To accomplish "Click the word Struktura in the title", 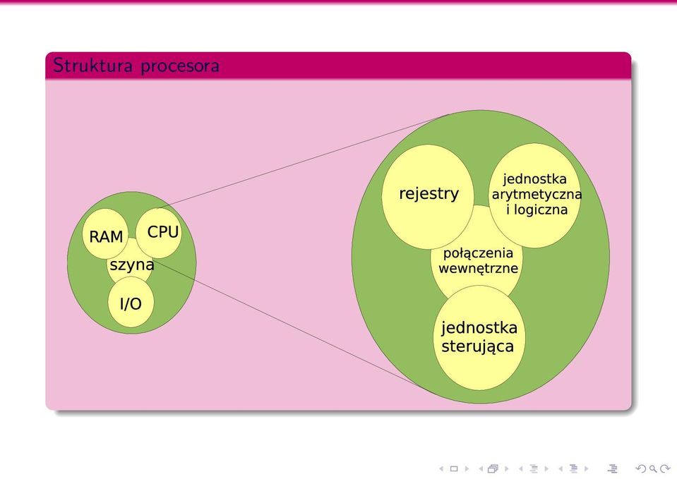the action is (92, 66).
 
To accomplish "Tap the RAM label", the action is (106, 236).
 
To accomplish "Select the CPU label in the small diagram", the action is (163, 232).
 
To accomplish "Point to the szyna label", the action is (132, 265).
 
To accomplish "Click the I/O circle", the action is (131, 302).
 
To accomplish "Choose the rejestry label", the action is (429, 193).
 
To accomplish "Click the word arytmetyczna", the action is (537, 195).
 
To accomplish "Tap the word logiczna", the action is (543, 210).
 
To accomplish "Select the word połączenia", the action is (479, 253).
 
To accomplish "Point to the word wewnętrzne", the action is (479, 268).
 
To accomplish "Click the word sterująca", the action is (477, 346).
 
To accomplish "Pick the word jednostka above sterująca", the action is (479, 327).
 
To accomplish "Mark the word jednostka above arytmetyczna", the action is (535, 179).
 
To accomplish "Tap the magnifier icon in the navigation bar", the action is (653, 468).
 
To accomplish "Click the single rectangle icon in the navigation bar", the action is (454, 468).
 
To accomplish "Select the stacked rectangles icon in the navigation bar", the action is (493, 468).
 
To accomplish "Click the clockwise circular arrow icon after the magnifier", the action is (665, 468).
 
